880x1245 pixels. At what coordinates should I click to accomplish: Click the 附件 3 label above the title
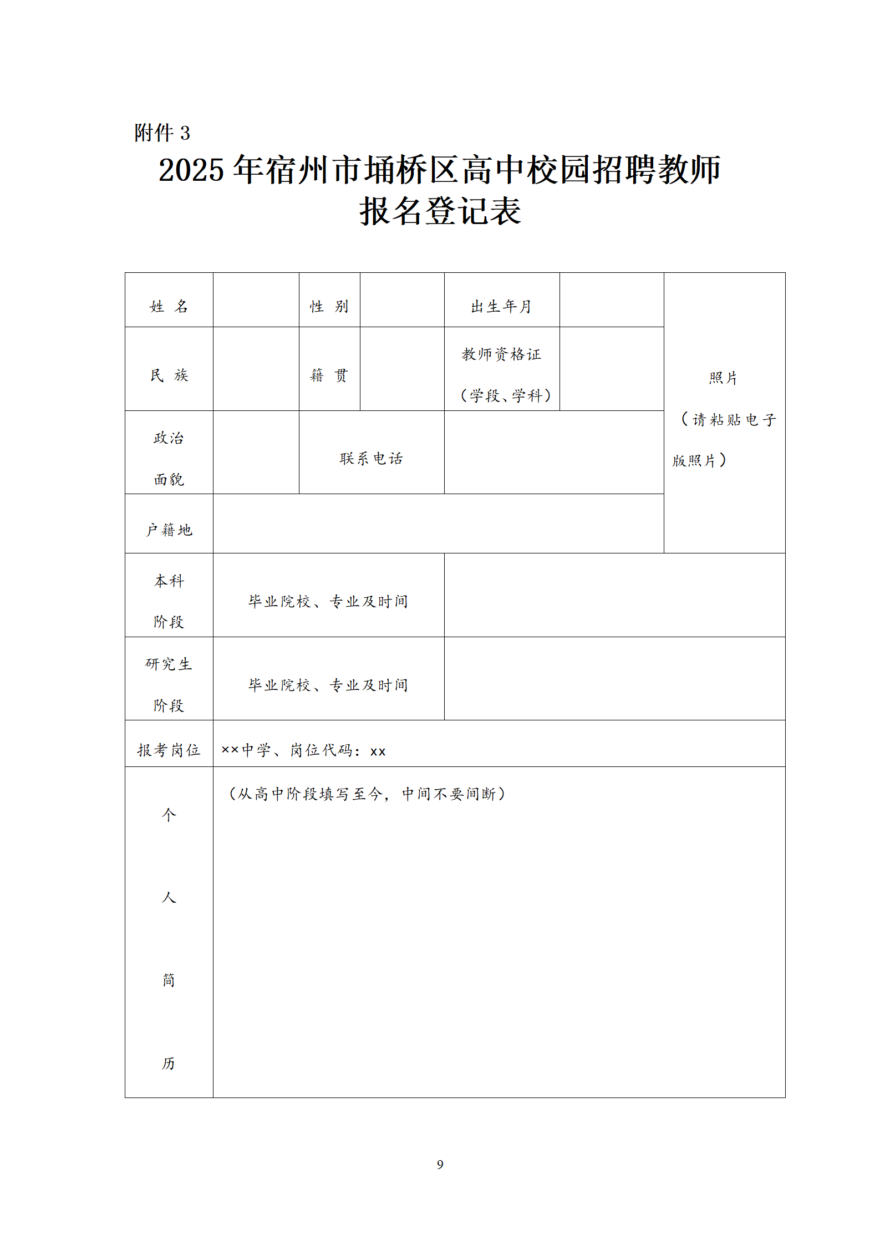[162, 133]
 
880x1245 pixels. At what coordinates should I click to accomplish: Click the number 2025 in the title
[191, 170]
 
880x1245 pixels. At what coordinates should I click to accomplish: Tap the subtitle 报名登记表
[440, 211]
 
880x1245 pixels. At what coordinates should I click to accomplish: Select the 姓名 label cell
[169, 307]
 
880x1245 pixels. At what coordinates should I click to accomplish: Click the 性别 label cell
[329, 307]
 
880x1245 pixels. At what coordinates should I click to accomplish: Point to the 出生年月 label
[501, 307]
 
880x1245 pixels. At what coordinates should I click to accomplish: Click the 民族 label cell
[169, 375]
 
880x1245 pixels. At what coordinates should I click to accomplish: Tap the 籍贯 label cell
[329, 375]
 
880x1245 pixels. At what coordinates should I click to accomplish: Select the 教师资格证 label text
[501, 354]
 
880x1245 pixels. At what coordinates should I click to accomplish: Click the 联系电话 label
[371, 459]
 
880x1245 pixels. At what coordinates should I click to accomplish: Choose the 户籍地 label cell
[169, 530]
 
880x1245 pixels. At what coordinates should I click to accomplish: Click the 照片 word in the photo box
[723, 378]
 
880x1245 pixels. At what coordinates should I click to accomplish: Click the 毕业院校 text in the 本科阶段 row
[279, 602]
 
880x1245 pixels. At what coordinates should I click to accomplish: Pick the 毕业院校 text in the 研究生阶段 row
[279, 685]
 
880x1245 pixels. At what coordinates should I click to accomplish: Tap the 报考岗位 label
[169, 750]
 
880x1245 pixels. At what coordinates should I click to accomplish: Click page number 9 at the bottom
[440, 1164]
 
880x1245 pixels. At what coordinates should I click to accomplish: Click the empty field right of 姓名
[256, 300]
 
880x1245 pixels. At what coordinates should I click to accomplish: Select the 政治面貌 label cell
[169, 458]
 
